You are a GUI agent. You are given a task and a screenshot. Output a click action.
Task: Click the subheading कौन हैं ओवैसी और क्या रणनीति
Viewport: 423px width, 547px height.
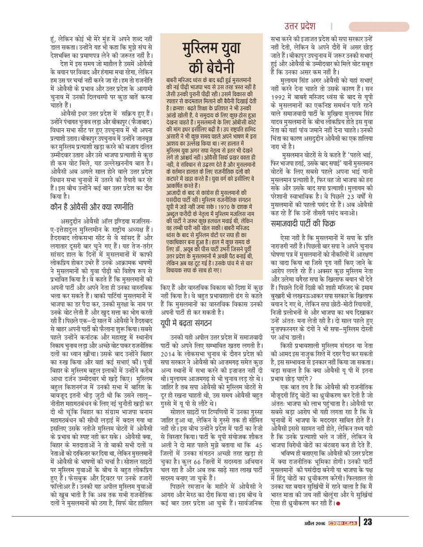91,206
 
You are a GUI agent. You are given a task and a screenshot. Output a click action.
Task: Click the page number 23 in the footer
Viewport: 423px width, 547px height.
367,522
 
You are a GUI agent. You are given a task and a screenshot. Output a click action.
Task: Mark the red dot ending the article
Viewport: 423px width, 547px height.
338,504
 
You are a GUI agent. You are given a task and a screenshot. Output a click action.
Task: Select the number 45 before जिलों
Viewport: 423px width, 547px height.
258,447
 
